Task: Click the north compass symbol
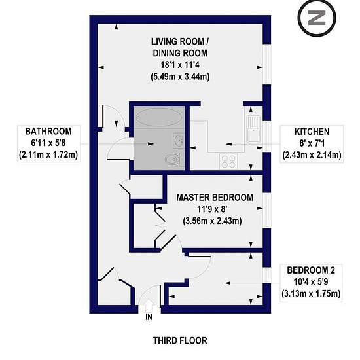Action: click(317, 18)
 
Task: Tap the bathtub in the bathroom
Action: click(160, 117)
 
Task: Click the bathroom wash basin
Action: click(179, 140)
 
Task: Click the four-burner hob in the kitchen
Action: click(228, 162)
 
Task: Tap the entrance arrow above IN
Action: click(149, 305)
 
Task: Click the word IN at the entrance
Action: click(149, 317)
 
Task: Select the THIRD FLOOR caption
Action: click(180, 340)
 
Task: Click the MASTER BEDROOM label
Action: click(215, 198)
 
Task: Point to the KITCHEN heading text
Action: click(312, 132)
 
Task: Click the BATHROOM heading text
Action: click(48, 132)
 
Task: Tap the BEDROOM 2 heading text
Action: click(311, 270)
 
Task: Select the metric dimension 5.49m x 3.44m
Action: click(180, 77)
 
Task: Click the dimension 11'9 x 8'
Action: click(212, 209)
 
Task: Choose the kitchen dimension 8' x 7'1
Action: click(312, 143)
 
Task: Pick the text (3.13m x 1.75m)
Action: click(311, 294)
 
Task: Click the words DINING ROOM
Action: click(180, 53)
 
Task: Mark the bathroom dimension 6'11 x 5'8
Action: click(48, 143)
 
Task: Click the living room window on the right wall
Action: click(267, 64)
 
